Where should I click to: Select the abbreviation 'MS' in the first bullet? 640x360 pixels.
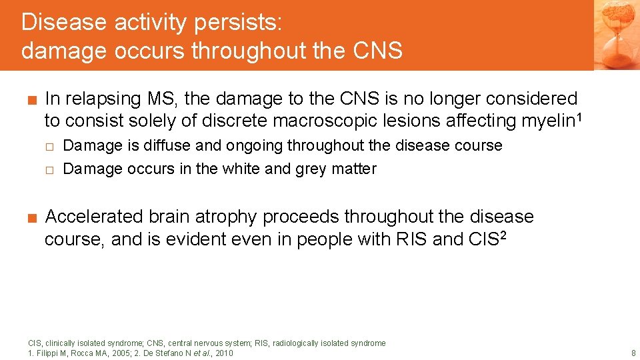(x=162, y=99)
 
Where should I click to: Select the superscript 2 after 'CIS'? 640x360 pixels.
(x=503, y=235)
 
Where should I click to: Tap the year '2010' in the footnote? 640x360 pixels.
(x=223, y=353)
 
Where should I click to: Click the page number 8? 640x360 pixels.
(x=633, y=353)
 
